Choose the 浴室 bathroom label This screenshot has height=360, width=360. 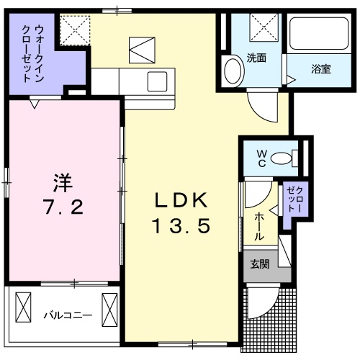click(320, 69)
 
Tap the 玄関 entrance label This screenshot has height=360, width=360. click(260, 264)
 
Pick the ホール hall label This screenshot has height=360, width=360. click(258, 225)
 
